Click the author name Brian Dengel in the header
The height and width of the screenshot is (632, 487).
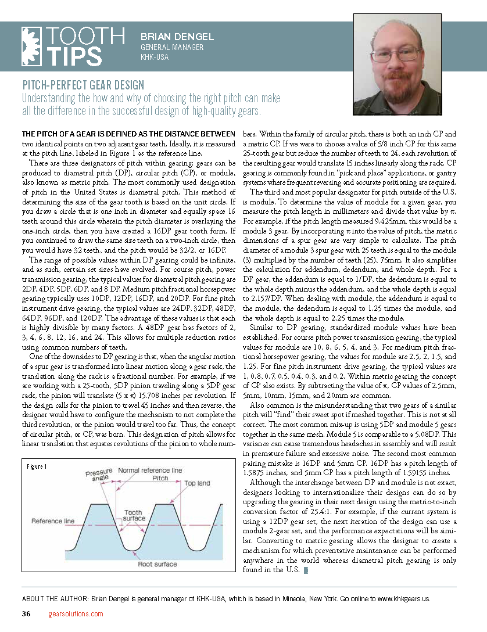point(177,37)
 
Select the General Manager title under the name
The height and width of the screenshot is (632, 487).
point(172,47)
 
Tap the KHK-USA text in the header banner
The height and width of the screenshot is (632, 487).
point(154,57)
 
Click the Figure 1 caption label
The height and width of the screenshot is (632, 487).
point(37,466)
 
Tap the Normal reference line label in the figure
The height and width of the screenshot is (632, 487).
point(150,470)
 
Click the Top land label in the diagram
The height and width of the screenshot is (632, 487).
point(197,483)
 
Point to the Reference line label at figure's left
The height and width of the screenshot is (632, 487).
point(52,521)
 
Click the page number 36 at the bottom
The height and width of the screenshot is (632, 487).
point(26,614)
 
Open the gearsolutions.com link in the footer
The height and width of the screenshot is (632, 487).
point(76,614)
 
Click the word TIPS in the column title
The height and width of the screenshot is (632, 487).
point(74,56)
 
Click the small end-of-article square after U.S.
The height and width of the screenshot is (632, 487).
point(306,572)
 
